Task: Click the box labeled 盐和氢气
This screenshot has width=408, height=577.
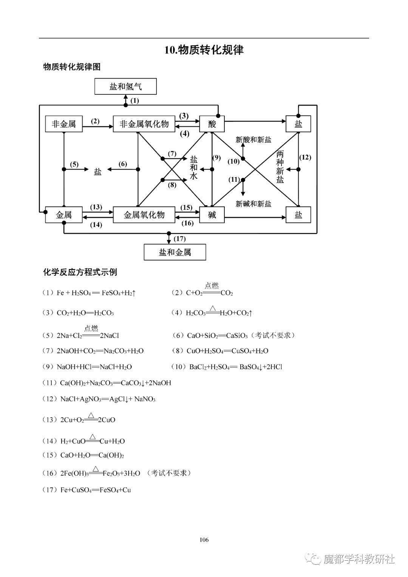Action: pyautogui.click(x=125, y=87)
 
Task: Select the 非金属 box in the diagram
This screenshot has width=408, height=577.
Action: pyautogui.click(x=64, y=124)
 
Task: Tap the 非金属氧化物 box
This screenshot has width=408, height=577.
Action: pyautogui.click(x=144, y=124)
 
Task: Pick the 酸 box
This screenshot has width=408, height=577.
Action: pyautogui.click(x=212, y=124)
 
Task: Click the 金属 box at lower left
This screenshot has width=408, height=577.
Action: pyautogui.click(x=64, y=215)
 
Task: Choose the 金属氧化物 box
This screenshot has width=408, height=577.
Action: pyautogui.click(x=144, y=215)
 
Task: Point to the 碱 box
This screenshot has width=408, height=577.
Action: pyautogui.click(x=212, y=215)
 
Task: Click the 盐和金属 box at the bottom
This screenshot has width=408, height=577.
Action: pyautogui.click(x=175, y=252)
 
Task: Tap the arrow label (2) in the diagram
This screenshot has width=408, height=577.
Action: pyautogui.click(x=95, y=121)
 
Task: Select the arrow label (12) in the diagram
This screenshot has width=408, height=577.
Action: pyautogui.click(x=305, y=157)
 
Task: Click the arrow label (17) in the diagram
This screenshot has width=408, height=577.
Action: pyautogui.click(x=180, y=239)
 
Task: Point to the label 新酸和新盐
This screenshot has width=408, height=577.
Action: pyautogui.click(x=253, y=140)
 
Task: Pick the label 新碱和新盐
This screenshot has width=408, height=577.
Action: pyautogui.click(x=253, y=204)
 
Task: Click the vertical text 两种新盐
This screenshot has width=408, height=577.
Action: pyautogui.click(x=280, y=167)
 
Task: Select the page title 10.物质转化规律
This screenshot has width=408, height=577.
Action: pyautogui.click(x=204, y=50)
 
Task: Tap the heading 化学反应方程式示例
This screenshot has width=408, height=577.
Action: pyautogui.click(x=80, y=272)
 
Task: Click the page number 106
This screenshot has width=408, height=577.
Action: pyautogui.click(x=204, y=540)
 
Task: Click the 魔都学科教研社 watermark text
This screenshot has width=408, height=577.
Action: pyautogui.click(x=359, y=559)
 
